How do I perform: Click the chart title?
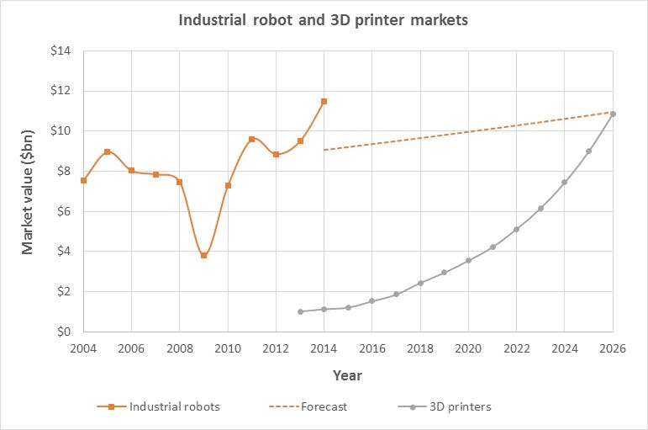(324, 19)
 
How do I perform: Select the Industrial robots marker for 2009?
(203, 255)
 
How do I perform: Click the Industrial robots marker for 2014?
(324, 101)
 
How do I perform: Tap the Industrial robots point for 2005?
(107, 151)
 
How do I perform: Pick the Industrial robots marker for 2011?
(251, 139)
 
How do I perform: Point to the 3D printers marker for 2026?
(613, 114)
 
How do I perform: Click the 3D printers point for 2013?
(300, 311)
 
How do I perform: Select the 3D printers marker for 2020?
(468, 260)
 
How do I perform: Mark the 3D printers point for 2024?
(565, 182)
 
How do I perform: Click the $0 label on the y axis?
(63, 332)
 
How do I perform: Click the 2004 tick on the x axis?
(83, 348)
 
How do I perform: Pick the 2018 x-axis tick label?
(420, 348)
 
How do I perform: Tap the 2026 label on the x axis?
(613, 348)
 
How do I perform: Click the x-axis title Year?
(347, 374)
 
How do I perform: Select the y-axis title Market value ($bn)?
(29, 192)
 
